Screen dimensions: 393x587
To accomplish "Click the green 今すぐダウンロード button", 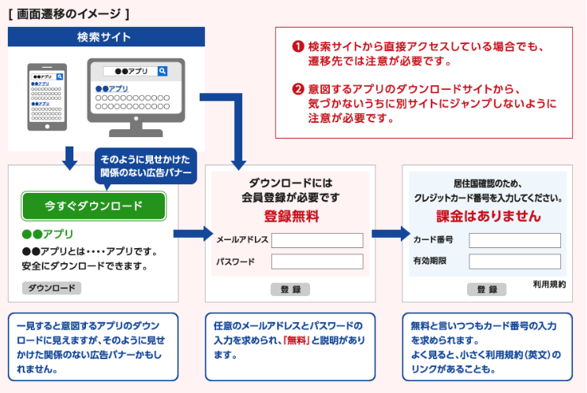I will (93, 206).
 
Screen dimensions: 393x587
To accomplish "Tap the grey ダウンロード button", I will (51, 287).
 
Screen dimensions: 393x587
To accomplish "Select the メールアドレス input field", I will (316, 240).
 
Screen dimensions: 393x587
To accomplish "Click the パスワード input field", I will (316, 261).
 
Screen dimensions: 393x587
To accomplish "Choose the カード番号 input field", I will (514, 240).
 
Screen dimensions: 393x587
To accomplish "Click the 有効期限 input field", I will (514, 261).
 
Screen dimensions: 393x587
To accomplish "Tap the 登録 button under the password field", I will (290, 289).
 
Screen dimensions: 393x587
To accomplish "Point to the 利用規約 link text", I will (549, 284).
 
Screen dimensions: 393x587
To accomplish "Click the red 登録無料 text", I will (290, 215).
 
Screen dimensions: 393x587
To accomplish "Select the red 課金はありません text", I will (488, 215).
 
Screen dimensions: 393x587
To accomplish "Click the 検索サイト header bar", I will (105, 37).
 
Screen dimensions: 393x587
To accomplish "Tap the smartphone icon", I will (46, 96).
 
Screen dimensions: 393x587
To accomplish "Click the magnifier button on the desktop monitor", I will (163, 72).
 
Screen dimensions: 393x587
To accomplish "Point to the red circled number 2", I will (298, 89).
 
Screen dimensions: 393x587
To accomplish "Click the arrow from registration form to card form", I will (386, 234).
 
